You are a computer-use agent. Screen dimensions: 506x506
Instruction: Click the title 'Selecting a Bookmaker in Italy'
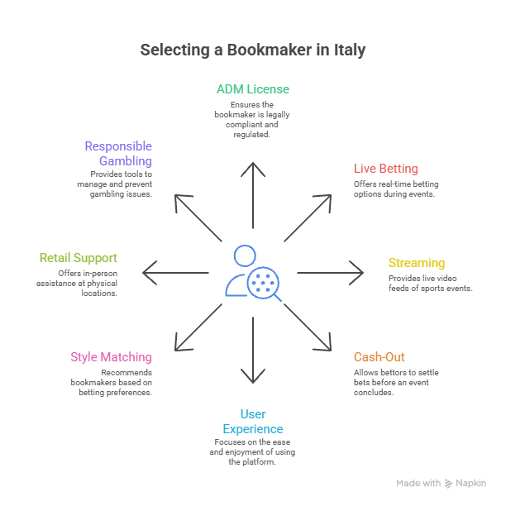point(253,50)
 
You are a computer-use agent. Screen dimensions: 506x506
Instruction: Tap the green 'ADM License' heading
point(253,89)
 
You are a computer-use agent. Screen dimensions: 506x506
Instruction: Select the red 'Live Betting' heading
point(386,169)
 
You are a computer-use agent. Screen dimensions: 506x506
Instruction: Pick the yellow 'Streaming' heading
point(417,263)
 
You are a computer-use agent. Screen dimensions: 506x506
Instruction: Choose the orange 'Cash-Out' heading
point(379,357)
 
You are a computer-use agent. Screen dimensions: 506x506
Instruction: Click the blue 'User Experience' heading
point(253,421)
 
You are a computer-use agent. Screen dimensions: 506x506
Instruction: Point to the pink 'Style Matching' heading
point(111,357)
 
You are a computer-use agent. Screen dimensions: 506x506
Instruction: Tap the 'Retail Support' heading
point(78,257)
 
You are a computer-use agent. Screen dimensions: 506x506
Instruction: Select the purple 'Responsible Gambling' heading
point(119,153)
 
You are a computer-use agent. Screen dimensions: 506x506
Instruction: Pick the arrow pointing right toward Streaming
point(331,271)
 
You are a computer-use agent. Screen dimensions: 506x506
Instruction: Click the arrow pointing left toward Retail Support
point(175,271)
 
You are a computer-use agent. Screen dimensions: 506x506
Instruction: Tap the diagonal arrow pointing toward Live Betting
point(308,217)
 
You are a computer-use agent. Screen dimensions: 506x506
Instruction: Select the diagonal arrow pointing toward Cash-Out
point(308,326)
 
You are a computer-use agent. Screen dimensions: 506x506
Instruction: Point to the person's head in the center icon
point(244,255)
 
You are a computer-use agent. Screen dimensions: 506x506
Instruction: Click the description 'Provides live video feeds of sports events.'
point(430,284)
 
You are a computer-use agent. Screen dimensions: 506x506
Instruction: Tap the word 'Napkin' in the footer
point(472,483)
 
